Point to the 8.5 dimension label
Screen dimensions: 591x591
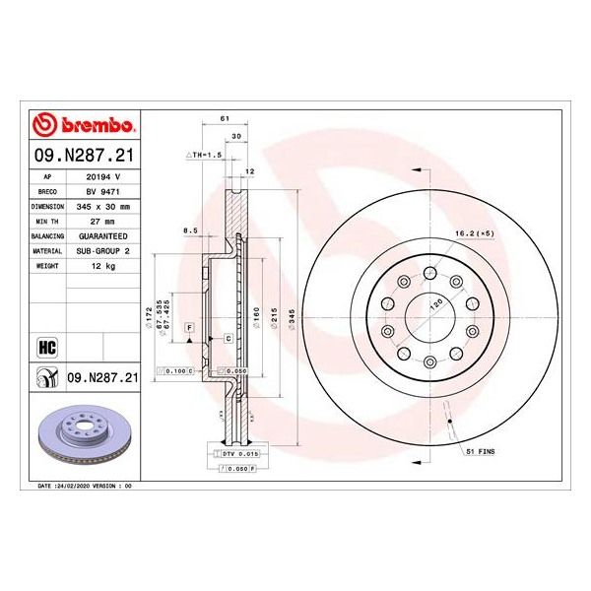192,230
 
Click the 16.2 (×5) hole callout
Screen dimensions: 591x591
474,233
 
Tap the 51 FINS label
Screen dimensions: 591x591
481,450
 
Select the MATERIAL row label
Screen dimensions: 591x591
49,252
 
